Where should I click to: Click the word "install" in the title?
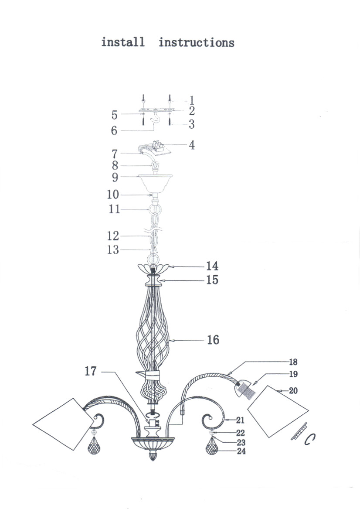pos(123,42)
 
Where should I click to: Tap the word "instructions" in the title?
pos(197,42)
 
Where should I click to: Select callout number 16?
pos(213,340)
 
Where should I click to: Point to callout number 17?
pos(91,371)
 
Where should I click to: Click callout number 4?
pos(192,145)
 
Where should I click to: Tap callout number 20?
pos(293,390)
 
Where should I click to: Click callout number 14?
pos(212,266)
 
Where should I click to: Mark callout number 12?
pos(113,236)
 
